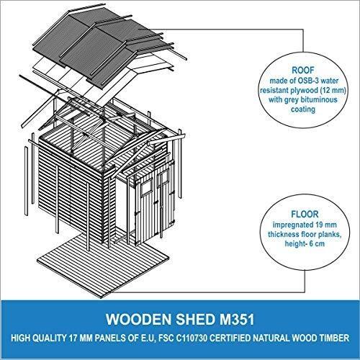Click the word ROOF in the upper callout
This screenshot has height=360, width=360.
tap(303, 70)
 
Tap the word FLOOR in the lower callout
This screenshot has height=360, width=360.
tap(305, 214)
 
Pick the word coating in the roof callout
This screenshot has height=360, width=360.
tap(303, 109)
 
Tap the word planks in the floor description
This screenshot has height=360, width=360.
tap(328, 234)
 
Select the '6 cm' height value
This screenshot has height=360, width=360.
tap(317, 243)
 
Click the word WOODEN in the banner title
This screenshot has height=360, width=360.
tap(139, 320)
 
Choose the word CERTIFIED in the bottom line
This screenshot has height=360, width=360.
tap(230, 338)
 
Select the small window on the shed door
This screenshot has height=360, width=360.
tap(146, 187)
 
